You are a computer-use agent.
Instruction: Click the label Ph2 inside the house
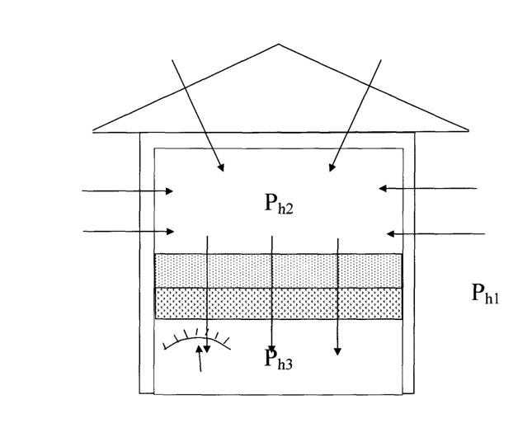(x=279, y=204)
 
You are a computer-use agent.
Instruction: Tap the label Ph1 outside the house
(x=485, y=293)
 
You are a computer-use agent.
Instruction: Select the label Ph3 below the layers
(x=279, y=360)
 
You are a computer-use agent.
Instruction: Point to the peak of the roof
(x=279, y=45)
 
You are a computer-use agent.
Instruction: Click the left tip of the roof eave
(x=94, y=130)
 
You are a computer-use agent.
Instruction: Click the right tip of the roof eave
(x=468, y=130)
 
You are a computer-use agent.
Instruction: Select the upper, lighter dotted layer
(x=279, y=270)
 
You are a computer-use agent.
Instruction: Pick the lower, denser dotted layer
(x=279, y=303)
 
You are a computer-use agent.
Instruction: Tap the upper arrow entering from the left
(x=128, y=191)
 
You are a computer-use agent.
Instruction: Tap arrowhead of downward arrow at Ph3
(x=272, y=348)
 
